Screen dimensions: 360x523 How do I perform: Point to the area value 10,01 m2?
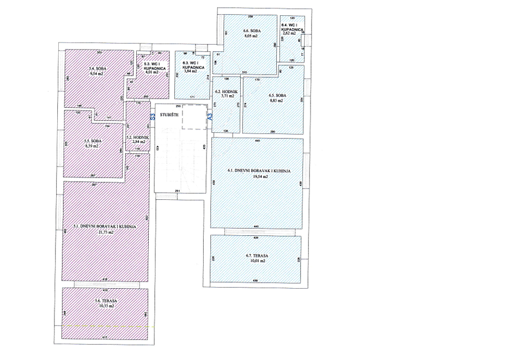point(256,261)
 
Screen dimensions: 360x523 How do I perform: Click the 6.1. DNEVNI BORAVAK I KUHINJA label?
point(258,171)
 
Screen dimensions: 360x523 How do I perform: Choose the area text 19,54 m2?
point(257,177)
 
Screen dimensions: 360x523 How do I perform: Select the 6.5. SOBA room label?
point(277,96)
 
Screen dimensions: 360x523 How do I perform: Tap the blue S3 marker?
point(153,117)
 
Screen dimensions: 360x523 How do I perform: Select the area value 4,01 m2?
point(151,72)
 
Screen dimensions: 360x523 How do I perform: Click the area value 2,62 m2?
point(289,34)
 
